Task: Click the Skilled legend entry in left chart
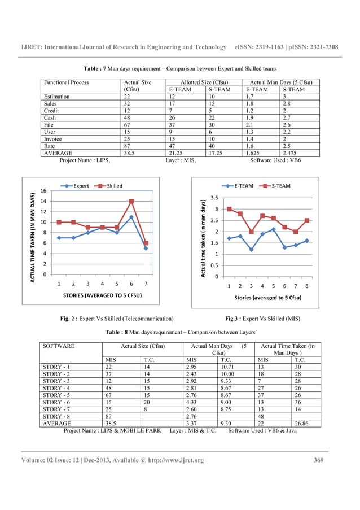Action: pyautogui.click(x=109, y=186)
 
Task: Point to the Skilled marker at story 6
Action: pyautogui.click(x=131, y=201)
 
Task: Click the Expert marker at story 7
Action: pyautogui.click(x=146, y=248)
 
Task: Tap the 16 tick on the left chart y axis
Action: pyautogui.click(x=42, y=190)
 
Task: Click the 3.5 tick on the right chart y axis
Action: pyautogui.click(x=214, y=198)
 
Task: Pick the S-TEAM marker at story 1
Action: pyautogui.click(x=229, y=209)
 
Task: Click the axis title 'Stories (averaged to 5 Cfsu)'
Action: pyautogui.click(x=267, y=297)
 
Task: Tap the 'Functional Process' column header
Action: pyautogui.click(x=66, y=82)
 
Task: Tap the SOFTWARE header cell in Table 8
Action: pyautogui.click(x=58, y=346)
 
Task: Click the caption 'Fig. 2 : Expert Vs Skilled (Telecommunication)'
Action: pyautogui.click(x=117, y=319)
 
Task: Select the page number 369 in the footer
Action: pyautogui.click(x=319, y=460)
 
